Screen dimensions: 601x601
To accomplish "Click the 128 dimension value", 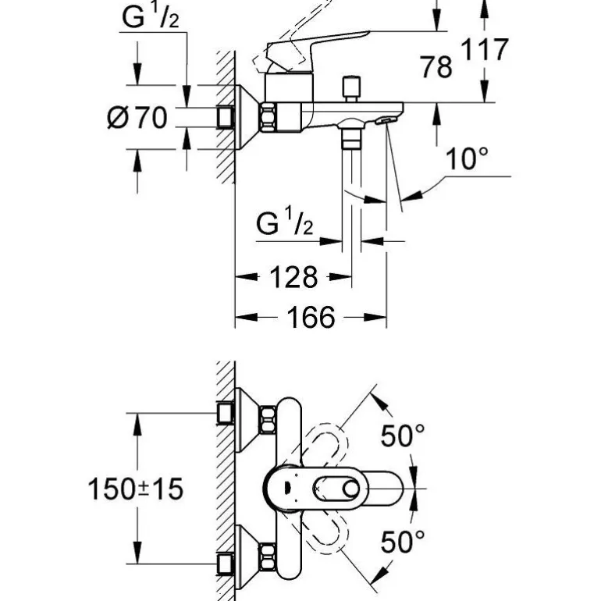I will click(293, 276).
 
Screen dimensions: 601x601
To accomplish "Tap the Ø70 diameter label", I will click(137, 119).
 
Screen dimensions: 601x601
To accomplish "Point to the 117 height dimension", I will click(483, 52).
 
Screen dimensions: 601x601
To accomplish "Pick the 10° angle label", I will click(466, 160).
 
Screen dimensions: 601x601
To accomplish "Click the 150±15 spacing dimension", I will click(134, 489).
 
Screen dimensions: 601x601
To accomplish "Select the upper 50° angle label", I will click(402, 436).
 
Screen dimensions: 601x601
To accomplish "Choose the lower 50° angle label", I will click(402, 540).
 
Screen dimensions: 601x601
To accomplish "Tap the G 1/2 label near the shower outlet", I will click(285, 225).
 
